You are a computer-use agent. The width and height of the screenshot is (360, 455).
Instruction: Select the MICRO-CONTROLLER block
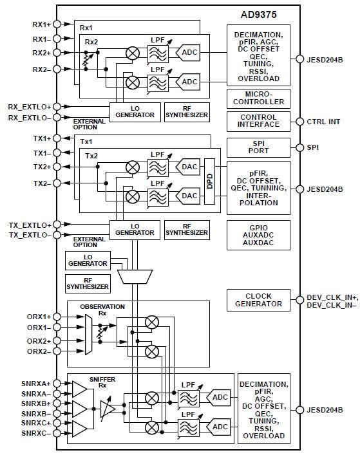[258, 98]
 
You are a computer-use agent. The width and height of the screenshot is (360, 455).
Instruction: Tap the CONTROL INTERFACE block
[258, 121]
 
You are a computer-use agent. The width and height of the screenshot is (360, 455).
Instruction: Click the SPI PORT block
[258, 147]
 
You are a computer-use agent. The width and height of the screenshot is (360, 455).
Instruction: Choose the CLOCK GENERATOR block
[258, 299]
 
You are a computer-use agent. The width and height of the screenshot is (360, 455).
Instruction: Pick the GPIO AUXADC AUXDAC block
[258, 236]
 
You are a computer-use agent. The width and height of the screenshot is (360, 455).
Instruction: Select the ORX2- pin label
[38, 351]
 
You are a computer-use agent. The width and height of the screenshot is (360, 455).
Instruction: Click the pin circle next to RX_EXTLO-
[57, 118]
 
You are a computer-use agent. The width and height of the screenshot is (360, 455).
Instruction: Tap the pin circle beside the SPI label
[298, 147]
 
